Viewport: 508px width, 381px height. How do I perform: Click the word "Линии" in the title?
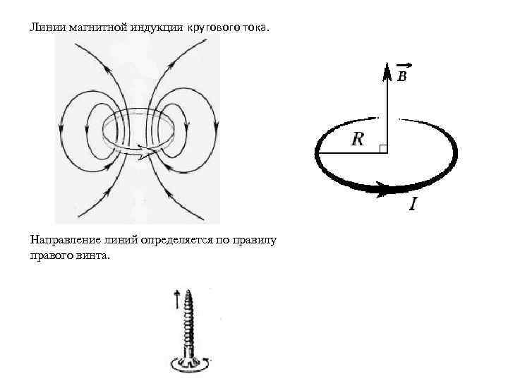click(x=46, y=28)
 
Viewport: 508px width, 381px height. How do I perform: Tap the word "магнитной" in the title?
click(x=94, y=28)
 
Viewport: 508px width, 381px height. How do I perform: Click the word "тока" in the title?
click(x=255, y=28)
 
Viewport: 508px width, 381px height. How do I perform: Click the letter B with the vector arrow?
click(x=401, y=76)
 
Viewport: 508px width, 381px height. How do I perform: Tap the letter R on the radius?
click(x=358, y=139)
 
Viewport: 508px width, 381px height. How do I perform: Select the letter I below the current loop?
click(x=413, y=205)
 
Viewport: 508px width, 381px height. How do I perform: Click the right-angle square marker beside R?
click(x=382, y=148)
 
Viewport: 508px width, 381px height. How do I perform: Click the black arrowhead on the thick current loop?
click(x=381, y=188)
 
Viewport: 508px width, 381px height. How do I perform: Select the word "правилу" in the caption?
click(x=253, y=241)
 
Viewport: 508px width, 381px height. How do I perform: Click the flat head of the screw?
click(x=188, y=362)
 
